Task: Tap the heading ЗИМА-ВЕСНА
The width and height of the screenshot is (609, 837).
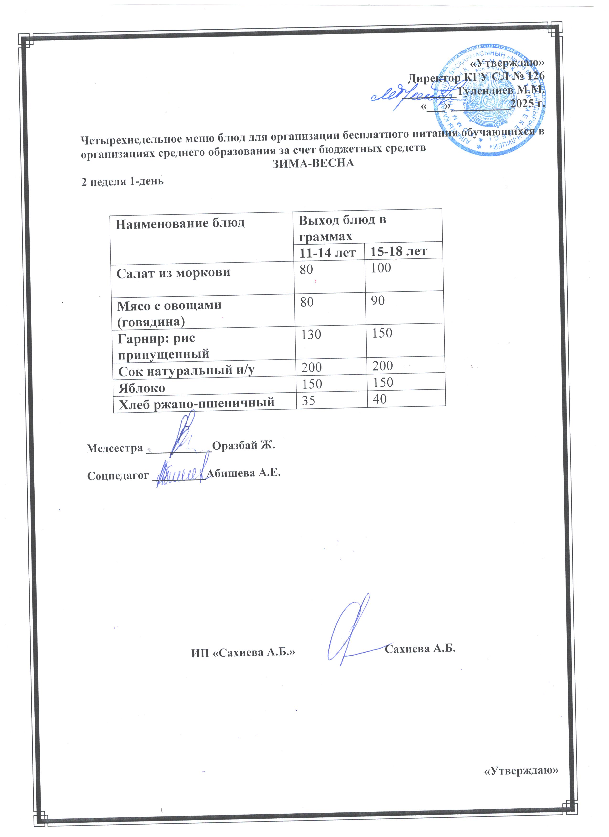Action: pos(313,163)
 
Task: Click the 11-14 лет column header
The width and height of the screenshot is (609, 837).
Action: pos(327,253)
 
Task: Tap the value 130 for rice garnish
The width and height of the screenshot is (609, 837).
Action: pos(311,334)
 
